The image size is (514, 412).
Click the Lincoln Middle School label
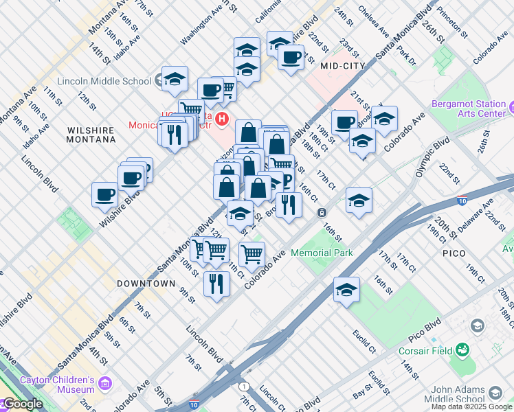pos(104,81)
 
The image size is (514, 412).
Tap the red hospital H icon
pos(221,119)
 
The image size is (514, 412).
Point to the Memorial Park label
pos(322,253)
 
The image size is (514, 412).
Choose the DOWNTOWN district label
pos(146,283)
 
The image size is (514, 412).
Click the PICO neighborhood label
pos(453,253)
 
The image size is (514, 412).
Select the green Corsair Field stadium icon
pos(462,351)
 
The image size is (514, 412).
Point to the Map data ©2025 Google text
pos(471,407)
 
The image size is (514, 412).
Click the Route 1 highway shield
pos(245,387)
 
